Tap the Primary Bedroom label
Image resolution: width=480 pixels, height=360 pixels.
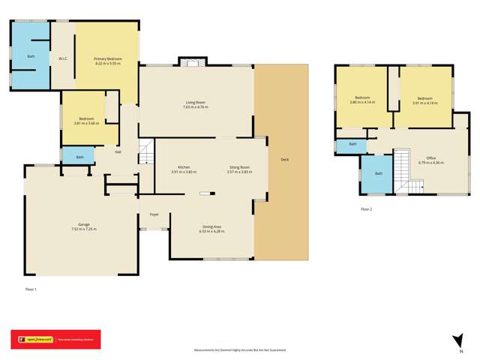coord(107,59)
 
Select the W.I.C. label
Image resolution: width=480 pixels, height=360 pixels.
coord(64,58)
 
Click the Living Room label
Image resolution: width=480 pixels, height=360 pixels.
coord(196,102)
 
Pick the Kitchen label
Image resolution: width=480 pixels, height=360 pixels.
coord(183,167)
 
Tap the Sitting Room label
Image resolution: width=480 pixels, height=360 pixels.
coord(239,167)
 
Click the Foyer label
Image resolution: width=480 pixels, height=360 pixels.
coord(154,214)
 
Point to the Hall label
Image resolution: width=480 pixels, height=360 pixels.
coord(118,152)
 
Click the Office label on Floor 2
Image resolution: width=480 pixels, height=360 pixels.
coord(430,157)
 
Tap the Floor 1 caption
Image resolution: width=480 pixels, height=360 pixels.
coord(31,289)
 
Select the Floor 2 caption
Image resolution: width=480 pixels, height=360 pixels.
coord(366,209)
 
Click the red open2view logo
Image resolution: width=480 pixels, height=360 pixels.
coord(54,340)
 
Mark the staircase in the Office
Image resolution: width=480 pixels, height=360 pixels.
coord(404,169)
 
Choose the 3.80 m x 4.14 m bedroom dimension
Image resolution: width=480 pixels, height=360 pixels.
coord(364,103)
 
